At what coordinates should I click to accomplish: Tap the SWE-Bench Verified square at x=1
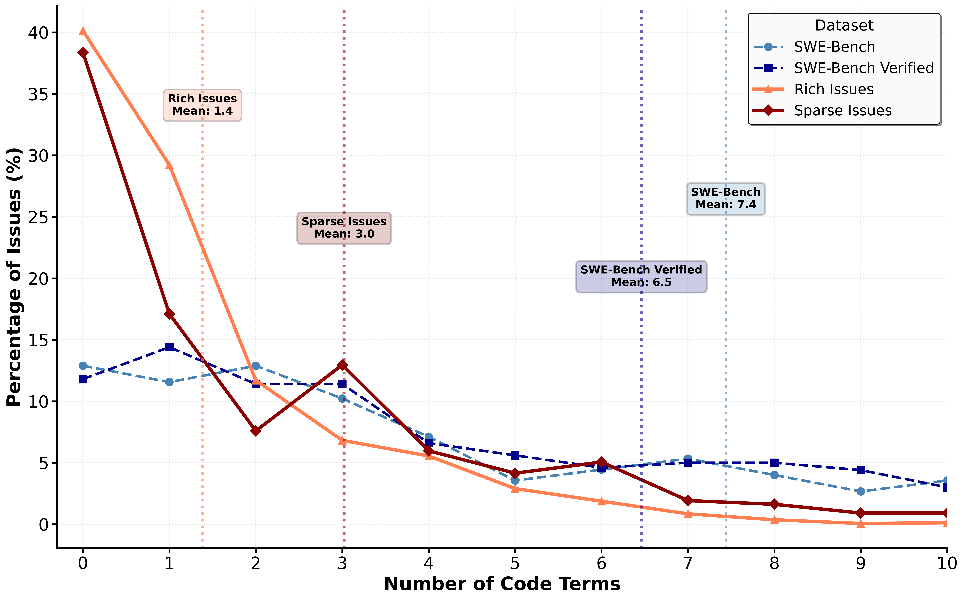tap(169, 347)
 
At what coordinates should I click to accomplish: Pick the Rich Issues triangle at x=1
tap(169, 165)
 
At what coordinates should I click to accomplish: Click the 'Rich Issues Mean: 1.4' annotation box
tap(202, 105)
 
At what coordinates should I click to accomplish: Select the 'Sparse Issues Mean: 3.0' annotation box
tap(344, 228)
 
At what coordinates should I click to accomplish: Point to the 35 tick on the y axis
tap(38, 94)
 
